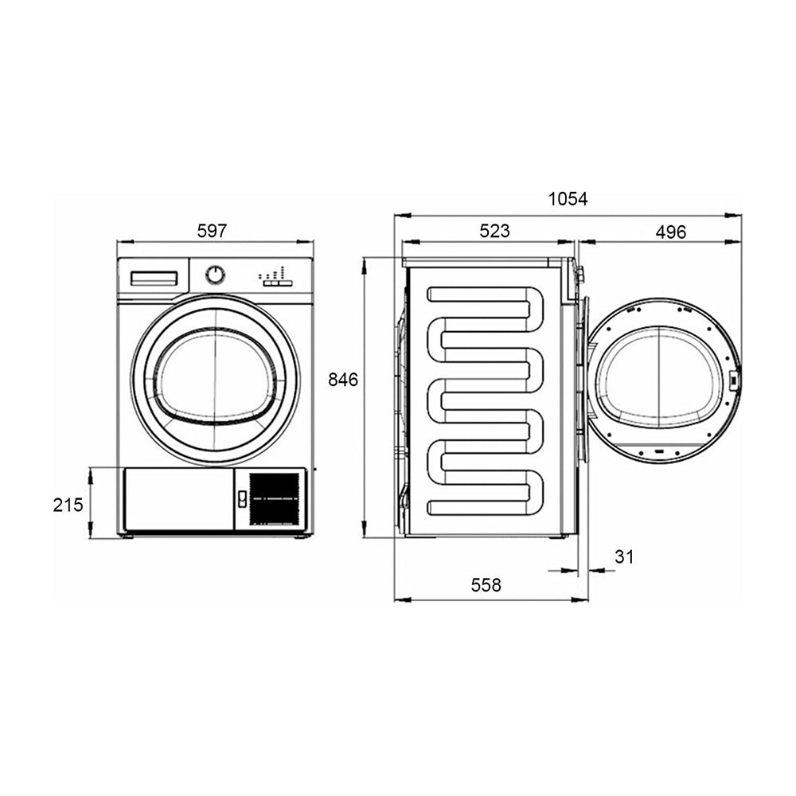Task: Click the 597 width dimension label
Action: click(x=212, y=231)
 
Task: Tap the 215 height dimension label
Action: click(x=68, y=505)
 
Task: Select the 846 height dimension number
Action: click(x=343, y=379)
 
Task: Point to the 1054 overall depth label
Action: click(x=568, y=199)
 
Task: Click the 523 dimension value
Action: click(x=494, y=231)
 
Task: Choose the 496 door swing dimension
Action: click(x=670, y=232)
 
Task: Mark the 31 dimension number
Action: click(x=624, y=557)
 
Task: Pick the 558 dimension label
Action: click(x=486, y=585)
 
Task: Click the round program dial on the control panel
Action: click(x=215, y=275)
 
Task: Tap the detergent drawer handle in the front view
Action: click(x=154, y=278)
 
